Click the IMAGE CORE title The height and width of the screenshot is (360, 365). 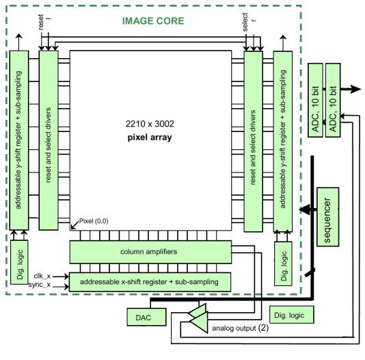click(x=153, y=21)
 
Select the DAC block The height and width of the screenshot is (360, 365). click(x=146, y=317)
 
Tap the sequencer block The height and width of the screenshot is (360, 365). click(x=328, y=217)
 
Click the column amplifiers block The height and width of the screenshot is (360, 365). click(x=150, y=252)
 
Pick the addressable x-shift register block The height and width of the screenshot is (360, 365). click(x=150, y=282)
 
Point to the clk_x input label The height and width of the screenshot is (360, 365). click(x=42, y=276)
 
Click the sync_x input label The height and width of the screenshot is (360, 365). click(x=40, y=285)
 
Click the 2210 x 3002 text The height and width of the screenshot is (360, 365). click(x=150, y=124)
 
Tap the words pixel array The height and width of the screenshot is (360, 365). click(x=150, y=138)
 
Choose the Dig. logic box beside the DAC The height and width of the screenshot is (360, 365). click(x=292, y=315)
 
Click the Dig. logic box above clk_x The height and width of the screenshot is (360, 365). click(x=19, y=262)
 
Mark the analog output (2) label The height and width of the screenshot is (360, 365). click(x=240, y=328)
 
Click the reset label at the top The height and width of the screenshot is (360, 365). click(x=41, y=22)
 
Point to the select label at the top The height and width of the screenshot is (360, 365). click(x=245, y=22)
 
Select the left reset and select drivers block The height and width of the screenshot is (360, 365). click(x=49, y=140)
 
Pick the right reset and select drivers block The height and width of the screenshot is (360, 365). click(x=254, y=142)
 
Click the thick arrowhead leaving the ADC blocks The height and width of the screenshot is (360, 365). click(x=355, y=89)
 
